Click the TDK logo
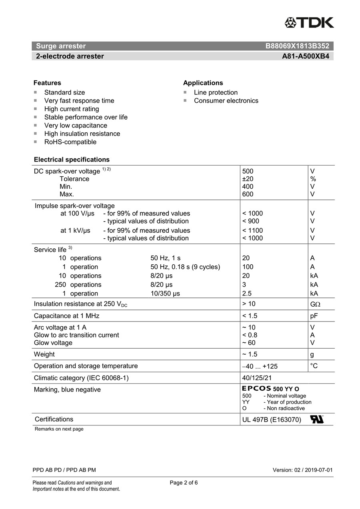[x=309, y=22]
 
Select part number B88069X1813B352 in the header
[x=297, y=46]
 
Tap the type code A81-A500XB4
[x=306, y=56]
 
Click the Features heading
[x=47, y=83]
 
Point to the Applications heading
[x=203, y=83]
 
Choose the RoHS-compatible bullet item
[x=70, y=142]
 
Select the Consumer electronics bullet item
[x=226, y=101]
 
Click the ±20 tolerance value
[x=248, y=179]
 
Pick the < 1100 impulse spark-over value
[x=252, y=230]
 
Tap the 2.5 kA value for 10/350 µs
[x=247, y=293]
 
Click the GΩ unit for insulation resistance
[x=315, y=304]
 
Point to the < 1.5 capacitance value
[x=250, y=316]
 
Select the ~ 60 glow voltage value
[x=249, y=343]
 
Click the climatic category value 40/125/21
[x=257, y=378]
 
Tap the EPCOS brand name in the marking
[x=256, y=389]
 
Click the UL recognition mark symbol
[x=317, y=419]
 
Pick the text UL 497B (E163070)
[x=272, y=420]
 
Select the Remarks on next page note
[x=59, y=429]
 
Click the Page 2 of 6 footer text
[x=184, y=483]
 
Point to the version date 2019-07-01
[x=318, y=470]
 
